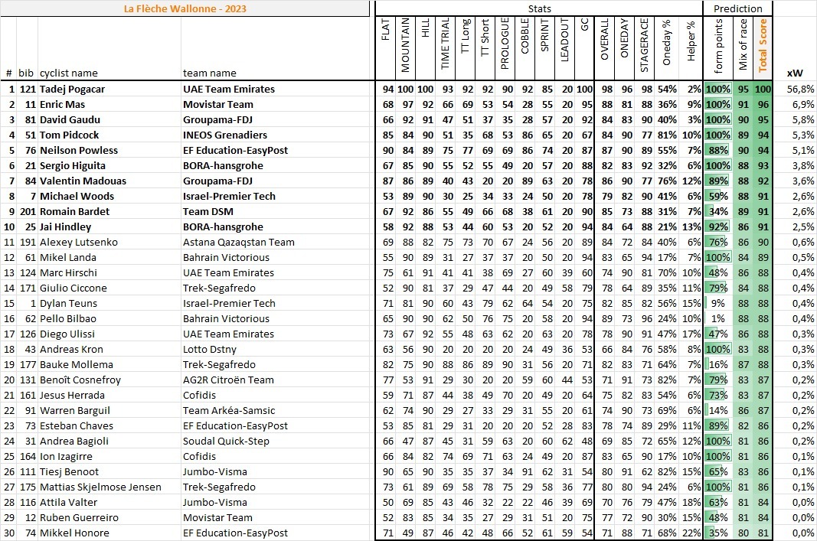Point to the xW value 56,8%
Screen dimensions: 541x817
(x=794, y=90)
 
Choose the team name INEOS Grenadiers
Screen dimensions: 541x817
(x=224, y=135)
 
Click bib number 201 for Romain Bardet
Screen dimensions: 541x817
(x=28, y=212)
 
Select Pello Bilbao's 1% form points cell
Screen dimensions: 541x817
(x=718, y=319)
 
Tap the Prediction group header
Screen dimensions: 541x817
(x=737, y=8)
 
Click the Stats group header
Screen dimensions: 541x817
(x=539, y=8)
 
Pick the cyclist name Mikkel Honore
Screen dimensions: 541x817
(x=74, y=533)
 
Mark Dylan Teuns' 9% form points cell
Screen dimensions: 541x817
(x=718, y=304)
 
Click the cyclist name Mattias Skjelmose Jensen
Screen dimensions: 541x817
(x=100, y=487)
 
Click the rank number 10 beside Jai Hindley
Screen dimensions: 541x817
(x=11, y=227)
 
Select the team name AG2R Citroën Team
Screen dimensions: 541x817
(x=228, y=380)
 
